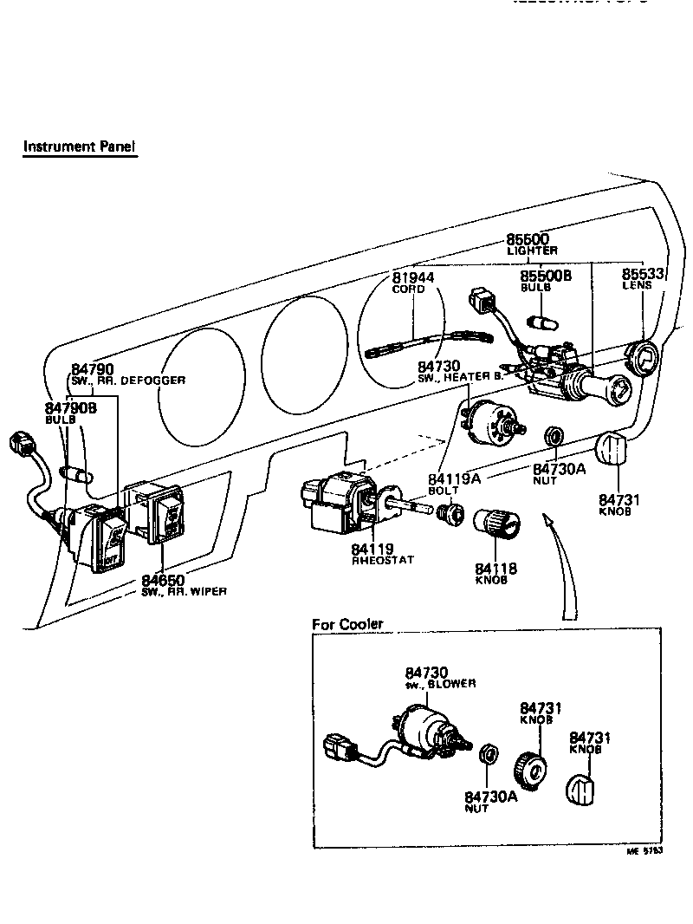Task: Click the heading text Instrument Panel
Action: pyautogui.click(x=79, y=146)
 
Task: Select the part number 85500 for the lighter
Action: pyautogui.click(x=528, y=239)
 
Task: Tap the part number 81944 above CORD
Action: pyautogui.click(x=413, y=277)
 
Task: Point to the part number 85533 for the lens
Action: pyautogui.click(x=643, y=274)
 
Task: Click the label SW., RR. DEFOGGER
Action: pyautogui.click(x=128, y=381)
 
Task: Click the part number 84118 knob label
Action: pyautogui.click(x=496, y=569)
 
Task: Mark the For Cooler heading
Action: pyautogui.click(x=347, y=624)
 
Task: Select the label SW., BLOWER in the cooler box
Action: pyautogui.click(x=440, y=684)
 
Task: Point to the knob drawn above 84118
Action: pyautogui.click(x=497, y=524)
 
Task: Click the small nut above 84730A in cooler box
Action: pyautogui.click(x=489, y=752)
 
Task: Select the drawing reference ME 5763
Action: pyautogui.click(x=644, y=852)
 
